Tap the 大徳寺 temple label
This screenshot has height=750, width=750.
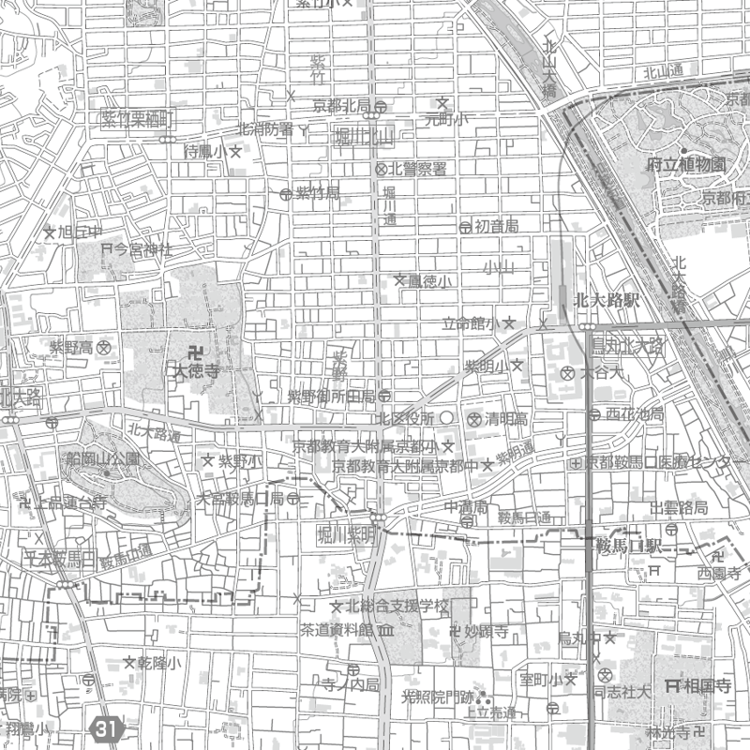pos(195,371)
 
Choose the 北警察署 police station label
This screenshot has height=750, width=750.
pos(418,169)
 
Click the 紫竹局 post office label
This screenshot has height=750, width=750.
pos(317,193)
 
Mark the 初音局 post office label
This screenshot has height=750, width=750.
pos(495,226)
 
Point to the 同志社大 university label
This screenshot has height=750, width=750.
pos(621,694)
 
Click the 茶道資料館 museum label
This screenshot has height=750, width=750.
pos(336,628)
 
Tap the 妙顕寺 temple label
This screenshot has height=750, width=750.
pos(485,632)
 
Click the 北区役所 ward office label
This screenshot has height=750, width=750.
pos(406,417)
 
